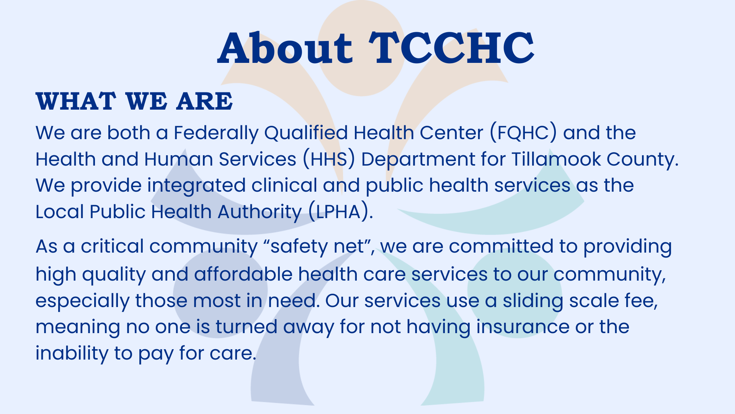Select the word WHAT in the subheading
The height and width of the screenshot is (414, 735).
[76, 102]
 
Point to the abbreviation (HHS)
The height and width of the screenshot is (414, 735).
[329, 159]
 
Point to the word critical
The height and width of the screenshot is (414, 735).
[112, 246]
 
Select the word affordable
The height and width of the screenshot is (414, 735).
[243, 274]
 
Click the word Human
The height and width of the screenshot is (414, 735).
[178, 159]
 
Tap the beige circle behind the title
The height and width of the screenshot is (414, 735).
[361, 48]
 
